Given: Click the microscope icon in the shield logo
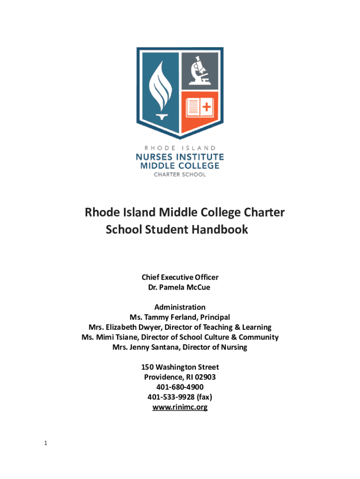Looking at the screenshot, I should click(200, 71).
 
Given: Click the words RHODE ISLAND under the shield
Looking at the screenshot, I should click(180, 148).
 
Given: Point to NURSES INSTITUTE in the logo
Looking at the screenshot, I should click(180, 157).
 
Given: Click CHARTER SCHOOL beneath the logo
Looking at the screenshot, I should click(180, 174).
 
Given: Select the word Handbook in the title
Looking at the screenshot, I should click(220, 230).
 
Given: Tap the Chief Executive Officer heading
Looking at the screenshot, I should click(180, 277).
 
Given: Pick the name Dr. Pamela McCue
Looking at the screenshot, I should click(180, 287).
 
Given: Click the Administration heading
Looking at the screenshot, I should click(180, 307).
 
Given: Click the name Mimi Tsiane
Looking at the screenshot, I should click(117, 337).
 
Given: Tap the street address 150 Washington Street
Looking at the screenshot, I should click(180, 367).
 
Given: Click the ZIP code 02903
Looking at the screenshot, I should click(205, 377).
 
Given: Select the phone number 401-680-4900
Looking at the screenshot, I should click(180, 387).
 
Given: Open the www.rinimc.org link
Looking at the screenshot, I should click(180, 407).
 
